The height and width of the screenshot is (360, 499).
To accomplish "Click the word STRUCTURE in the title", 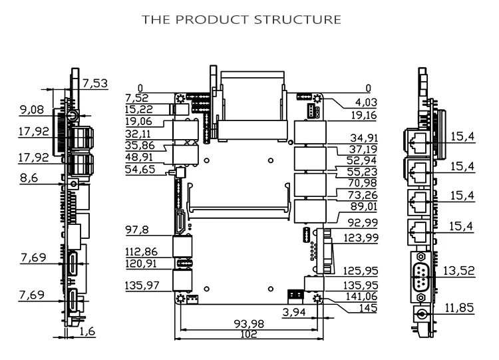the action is coord(297,20).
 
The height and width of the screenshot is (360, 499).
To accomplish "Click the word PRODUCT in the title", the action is coord(212,20).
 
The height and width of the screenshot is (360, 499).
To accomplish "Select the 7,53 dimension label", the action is coord(95,83).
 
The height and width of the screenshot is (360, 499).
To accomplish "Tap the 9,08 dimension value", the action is coord(32,110).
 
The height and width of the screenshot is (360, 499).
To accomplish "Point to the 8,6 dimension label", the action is coord(29,178).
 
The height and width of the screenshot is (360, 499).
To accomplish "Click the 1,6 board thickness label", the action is coord(87,331).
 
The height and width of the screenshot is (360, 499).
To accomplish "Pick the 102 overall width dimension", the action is coord(249,334).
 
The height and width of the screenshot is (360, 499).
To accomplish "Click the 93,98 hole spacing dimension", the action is coord(249,324).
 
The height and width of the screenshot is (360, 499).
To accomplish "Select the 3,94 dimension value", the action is coord(294,312).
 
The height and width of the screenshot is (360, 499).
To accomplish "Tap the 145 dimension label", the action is coord(368,308).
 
